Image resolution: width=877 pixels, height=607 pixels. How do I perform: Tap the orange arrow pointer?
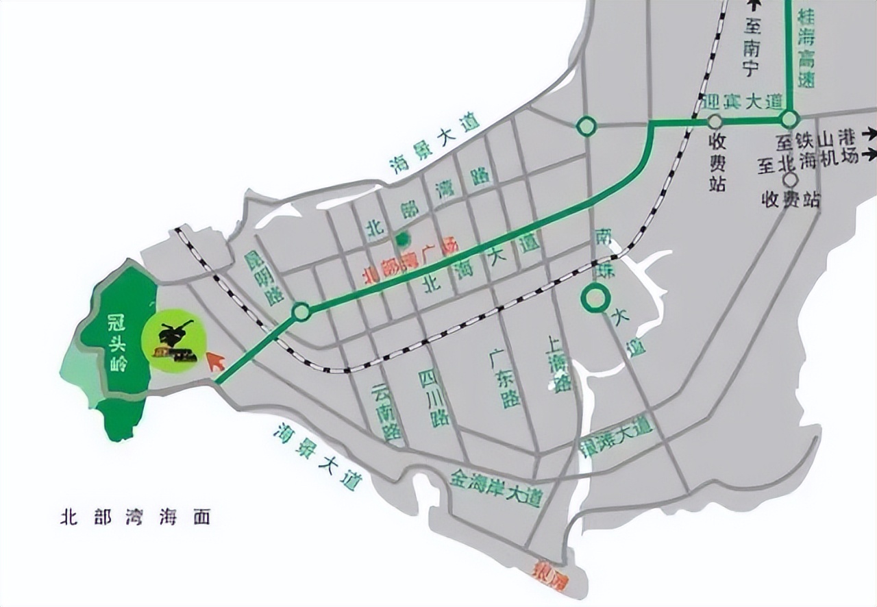216,360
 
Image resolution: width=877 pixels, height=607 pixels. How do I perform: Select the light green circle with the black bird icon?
174,340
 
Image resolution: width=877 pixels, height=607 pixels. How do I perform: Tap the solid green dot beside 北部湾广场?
402,239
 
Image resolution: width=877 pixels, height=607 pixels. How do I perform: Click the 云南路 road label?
386,411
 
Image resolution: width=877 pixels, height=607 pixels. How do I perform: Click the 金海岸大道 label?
496,488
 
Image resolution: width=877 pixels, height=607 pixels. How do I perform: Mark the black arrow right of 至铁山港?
869,132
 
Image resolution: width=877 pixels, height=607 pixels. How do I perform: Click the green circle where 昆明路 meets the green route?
301,312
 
